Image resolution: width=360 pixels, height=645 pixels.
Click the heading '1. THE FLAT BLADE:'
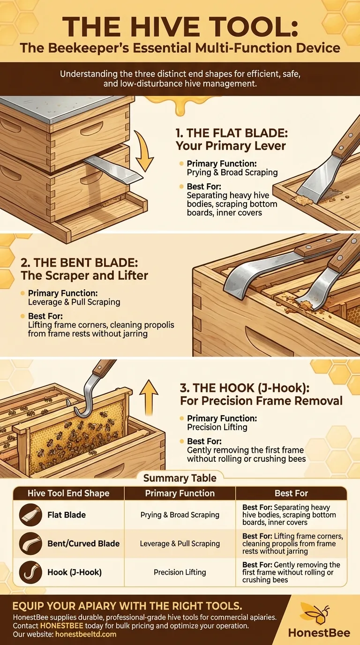click(x=232, y=133)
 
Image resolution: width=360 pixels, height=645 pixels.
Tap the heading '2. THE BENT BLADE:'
click(x=79, y=262)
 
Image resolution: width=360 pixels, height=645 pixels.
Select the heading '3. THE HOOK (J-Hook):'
click(x=245, y=388)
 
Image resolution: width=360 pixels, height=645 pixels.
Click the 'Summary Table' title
click(x=180, y=478)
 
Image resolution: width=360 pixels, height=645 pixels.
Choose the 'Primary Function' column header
click(x=180, y=493)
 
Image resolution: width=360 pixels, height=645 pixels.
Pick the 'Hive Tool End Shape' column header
click(x=68, y=493)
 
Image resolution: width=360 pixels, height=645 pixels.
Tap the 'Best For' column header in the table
click(x=291, y=493)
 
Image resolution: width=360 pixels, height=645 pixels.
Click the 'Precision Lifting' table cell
click(x=180, y=572)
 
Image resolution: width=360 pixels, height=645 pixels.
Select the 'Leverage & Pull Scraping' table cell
click(x=180, y=544)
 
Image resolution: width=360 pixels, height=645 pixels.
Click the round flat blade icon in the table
click(x=29, y=515)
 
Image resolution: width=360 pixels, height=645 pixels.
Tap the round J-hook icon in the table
click(x=29, y=572)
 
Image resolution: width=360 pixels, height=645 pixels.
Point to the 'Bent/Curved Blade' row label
click(x=83, y=544)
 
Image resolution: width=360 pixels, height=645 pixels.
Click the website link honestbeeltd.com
click(x=86, y=634)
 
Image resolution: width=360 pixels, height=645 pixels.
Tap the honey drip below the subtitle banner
click(x=176, y=105)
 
